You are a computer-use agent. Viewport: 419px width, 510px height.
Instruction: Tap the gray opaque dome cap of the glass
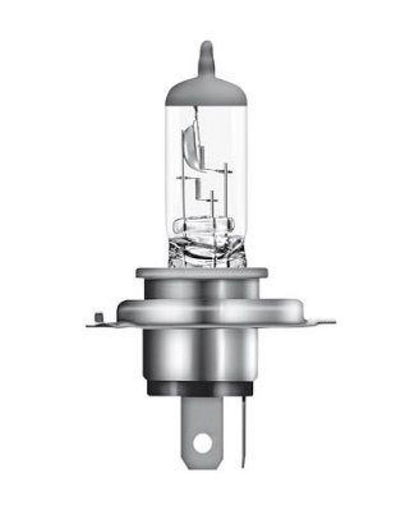[205, 92]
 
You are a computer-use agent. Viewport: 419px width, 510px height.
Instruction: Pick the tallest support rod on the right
[226, 191]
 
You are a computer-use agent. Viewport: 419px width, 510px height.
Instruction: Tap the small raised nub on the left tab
[98, 317]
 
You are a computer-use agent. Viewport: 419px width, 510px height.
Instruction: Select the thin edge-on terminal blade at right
[243, 427]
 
